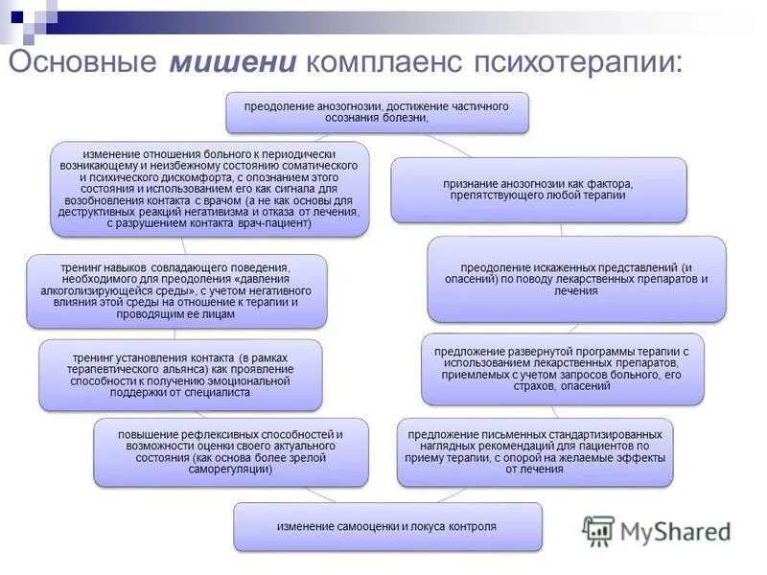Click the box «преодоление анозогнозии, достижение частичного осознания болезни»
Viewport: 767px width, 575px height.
click(377, 111)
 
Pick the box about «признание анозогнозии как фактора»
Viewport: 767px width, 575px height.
click(539, 189)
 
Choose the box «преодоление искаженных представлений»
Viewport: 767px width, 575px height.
click(576, 279)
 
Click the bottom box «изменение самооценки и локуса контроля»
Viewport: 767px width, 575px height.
click(387, 527)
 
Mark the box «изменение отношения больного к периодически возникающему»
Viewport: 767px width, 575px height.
click(210, 189)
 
